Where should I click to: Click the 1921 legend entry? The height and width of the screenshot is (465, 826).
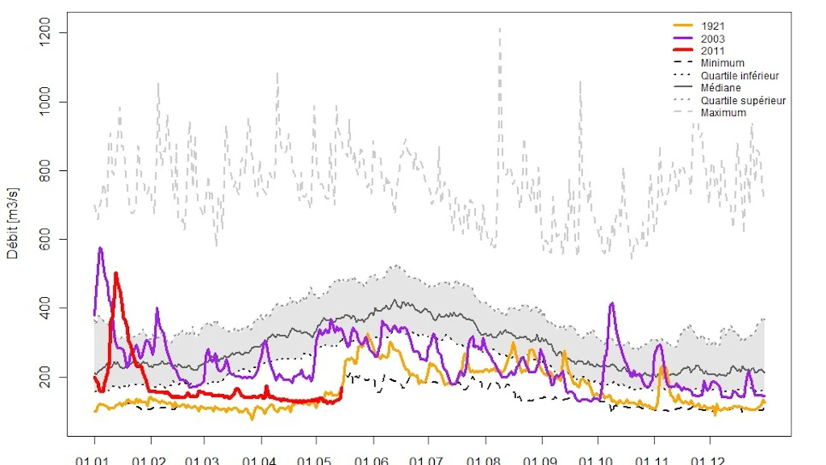coord(713,27)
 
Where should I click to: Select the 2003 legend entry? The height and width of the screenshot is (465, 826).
coord(713,39)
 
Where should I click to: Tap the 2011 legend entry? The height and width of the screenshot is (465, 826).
coord(713,51)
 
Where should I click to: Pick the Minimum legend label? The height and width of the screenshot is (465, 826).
coord(722,63)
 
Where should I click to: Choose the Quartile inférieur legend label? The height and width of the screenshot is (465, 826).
coord(740,76)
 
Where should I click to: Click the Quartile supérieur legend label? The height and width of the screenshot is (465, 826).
coord(743,101)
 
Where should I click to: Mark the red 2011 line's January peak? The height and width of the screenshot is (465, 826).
coord(116,273)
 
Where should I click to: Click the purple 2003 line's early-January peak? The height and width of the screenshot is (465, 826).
coord(100,248)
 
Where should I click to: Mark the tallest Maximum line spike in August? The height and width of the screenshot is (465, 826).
coord(499,28)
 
